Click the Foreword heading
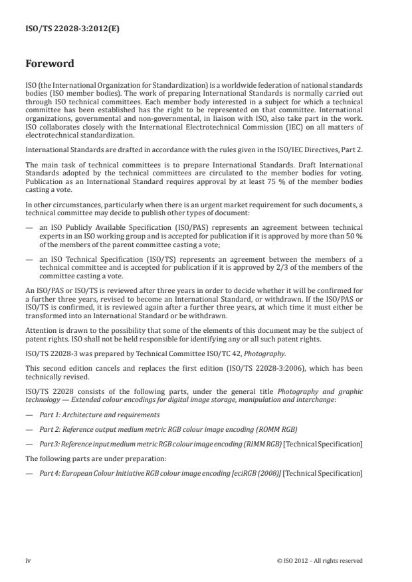(49, 64)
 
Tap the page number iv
(28, 560)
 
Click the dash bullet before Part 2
(29, 430)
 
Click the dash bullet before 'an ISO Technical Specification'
(29, 260)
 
